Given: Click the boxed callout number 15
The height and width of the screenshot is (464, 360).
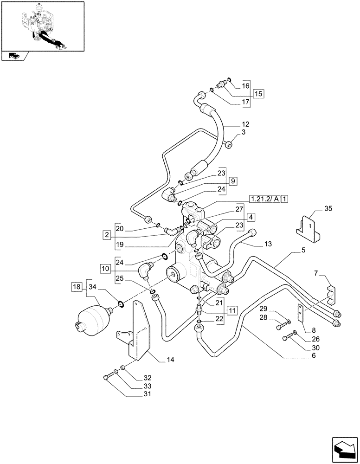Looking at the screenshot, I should click(x=258, y=94).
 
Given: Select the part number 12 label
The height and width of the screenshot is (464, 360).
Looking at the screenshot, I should click(x=245, y=124).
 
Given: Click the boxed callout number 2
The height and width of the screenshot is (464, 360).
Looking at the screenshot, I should click(x=107, y=235).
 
